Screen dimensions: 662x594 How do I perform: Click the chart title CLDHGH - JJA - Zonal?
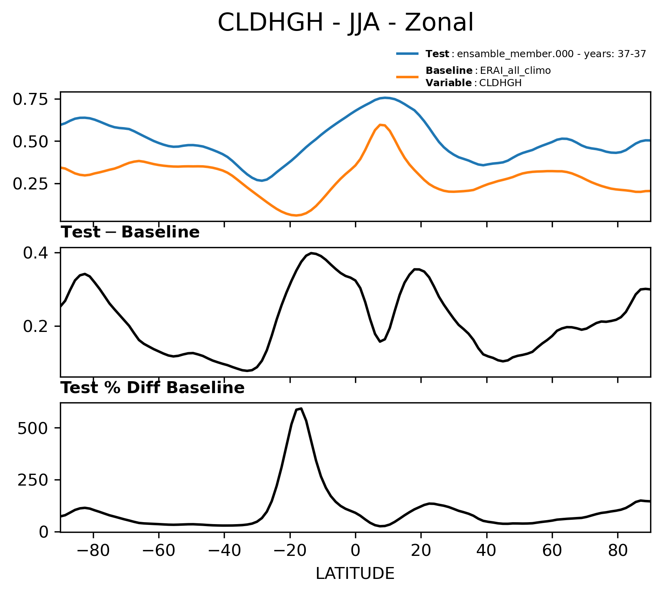click(x=345, y=23)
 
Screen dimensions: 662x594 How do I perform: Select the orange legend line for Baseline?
click(x=407, y=77)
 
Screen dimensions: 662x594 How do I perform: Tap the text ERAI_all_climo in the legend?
click(x=515, y=71)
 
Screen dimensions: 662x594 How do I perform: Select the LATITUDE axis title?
click(x=355, y=573)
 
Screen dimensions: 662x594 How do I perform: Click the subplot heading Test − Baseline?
click(x=130, y=232)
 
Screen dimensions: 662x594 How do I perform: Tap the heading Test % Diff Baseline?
click(x=153, y=388)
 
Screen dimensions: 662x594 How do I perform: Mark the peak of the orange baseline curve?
click(x=380, y=125)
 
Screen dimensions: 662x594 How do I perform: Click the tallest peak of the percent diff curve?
click(x=301, y=409)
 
